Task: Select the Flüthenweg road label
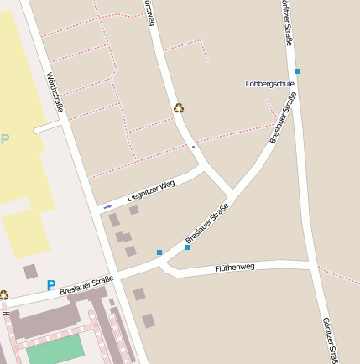click(x=234, y=267)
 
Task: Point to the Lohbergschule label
click(x=270, y=84)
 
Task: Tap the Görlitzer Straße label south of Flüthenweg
click(x=330, y=340)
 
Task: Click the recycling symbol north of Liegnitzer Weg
click(x=178, y=107)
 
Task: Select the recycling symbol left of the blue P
click(x=3, y=295)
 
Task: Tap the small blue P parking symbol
click(x=51, y=286)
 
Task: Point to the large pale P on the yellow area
click(x=5, y=139)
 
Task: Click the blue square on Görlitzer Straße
click(x=296, y=71)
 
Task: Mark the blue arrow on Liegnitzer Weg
click(x=107, y=205)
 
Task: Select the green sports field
click(x=55, y=351)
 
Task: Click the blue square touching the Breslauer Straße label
click(x=186, y=247)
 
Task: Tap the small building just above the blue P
click(x=30, y=271)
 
